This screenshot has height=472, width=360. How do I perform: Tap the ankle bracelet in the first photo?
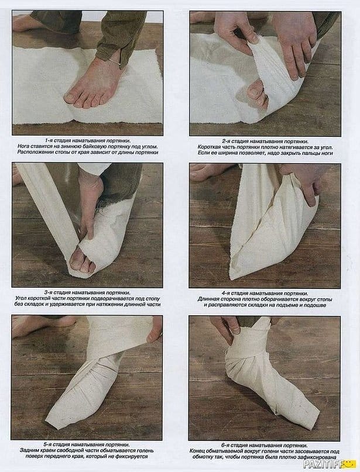[114, 62]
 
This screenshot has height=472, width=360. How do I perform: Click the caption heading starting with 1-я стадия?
[88, 141]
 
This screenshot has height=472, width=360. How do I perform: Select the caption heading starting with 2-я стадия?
[265, 142]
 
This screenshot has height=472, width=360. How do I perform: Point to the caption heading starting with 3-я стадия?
[88, 292]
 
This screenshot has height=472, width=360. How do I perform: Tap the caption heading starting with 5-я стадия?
[87, 445]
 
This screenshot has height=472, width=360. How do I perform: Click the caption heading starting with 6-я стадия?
[265, 445]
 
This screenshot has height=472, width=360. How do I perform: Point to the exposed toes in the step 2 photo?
[257, 94]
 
